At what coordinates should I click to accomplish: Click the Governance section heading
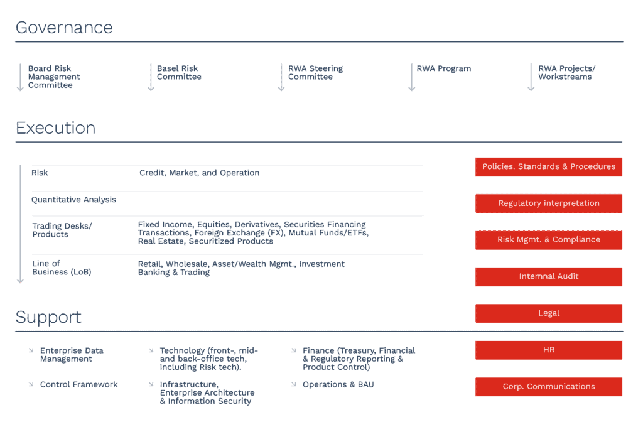click(x=64, y=28)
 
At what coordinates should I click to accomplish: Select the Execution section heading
click(x=55, y=128)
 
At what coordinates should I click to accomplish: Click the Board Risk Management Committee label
click(x=54, y=77)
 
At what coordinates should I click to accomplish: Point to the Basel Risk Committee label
click(x=179, y=73)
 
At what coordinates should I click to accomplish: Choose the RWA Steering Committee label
click(x=315, y=73)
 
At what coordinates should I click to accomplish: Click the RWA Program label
click(x=444, y=68)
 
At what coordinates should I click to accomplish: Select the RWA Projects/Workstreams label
click(x=567, y=73)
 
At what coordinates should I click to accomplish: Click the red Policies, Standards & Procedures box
click(x=549, y=167)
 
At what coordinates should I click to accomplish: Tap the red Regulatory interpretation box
click(x=549, y=203)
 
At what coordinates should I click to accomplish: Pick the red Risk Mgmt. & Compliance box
click(x=549, y=240)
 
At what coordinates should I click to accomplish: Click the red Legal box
click(x=549, y=313)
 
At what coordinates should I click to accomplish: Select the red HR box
click(x=549, y=350)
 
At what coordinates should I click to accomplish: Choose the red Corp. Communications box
click(x=549, y=387)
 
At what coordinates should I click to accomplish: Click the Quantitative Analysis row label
click(x=74, y=200)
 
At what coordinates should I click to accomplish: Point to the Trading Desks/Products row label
click(x=62, y=230)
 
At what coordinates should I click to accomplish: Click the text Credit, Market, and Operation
click(x=199, y=173)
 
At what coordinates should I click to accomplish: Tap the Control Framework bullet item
click(x=78, y=384)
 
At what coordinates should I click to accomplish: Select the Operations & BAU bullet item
click(x=338, y=384)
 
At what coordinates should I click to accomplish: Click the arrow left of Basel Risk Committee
click(x=151, y=77)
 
